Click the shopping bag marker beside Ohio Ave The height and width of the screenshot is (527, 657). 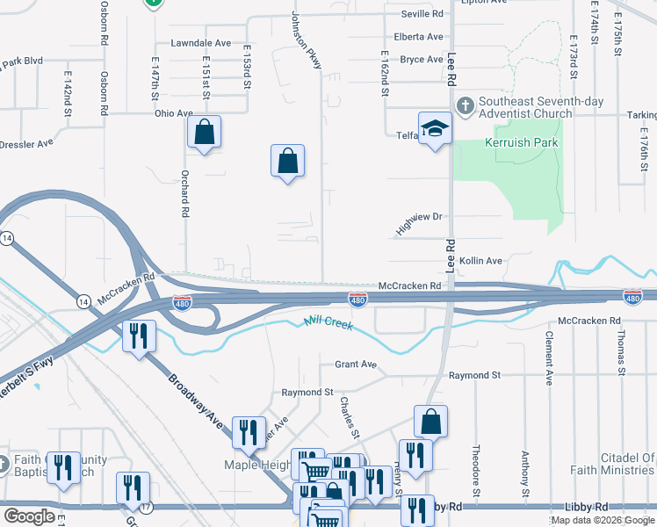coord(204,134)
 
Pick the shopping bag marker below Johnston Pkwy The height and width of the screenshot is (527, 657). coord(287,162)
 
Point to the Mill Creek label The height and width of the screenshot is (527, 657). coord(328,324)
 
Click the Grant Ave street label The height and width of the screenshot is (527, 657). coord(355,365)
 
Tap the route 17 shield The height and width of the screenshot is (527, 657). coord(145,508)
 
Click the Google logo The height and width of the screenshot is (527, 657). coord(29,516)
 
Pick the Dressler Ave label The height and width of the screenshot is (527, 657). coord(26,142)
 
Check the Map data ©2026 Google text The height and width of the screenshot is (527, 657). coord(603,520)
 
